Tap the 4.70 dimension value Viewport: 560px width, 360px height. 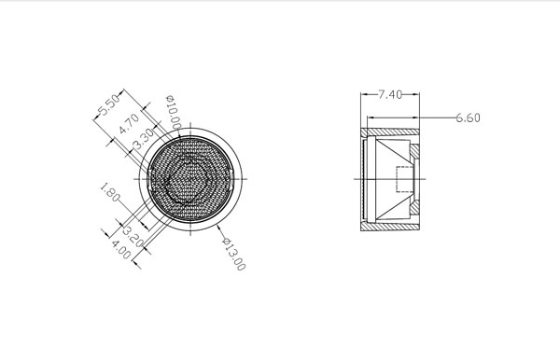[x=129, y=123]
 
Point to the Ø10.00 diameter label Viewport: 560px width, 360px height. [x=174, y=113]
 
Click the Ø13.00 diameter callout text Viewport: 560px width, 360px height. [x=234, y=255]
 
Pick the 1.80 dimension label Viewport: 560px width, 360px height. [x=109, y=192]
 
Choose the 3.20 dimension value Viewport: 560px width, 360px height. [x=133, y=235]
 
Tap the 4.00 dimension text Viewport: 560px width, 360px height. [x=121, y=249]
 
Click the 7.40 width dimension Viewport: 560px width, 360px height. [x=390, y=94]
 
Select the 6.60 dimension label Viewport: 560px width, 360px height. [x=468, y=118]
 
